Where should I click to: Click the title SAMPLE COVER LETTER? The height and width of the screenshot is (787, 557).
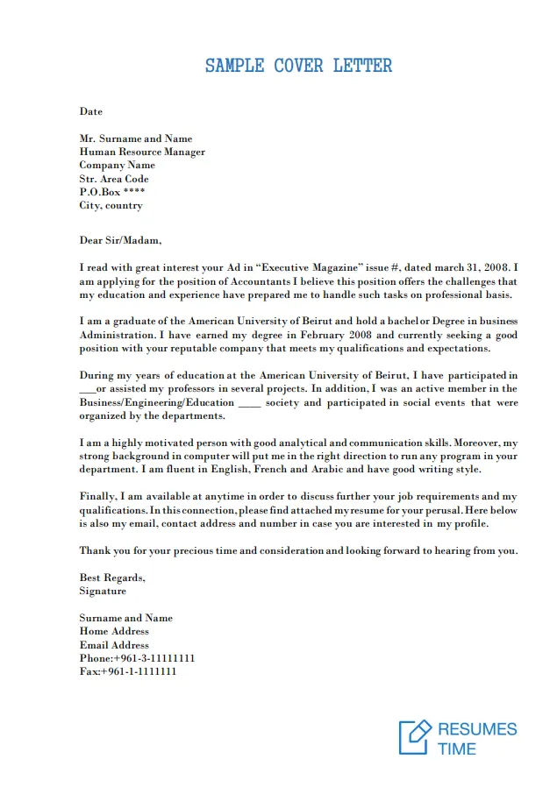(298, 66)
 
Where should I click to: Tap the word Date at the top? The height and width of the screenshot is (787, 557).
(90, 111)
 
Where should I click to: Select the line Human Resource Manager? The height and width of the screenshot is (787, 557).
(142, 152)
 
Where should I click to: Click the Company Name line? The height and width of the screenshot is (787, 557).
(117, 165)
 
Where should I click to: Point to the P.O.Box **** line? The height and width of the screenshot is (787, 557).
(112, 192)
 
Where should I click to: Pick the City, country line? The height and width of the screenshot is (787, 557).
(111, 205)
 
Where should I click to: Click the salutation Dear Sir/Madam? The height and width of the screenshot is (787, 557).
(120, 240)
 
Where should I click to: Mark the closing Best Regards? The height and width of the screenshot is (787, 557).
(111, 578)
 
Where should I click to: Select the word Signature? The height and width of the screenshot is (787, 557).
(103, 591)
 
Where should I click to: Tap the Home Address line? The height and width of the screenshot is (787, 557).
(114, 631)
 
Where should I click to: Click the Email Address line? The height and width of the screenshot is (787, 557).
(114, 645)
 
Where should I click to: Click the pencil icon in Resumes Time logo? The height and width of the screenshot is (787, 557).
(416, 736)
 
